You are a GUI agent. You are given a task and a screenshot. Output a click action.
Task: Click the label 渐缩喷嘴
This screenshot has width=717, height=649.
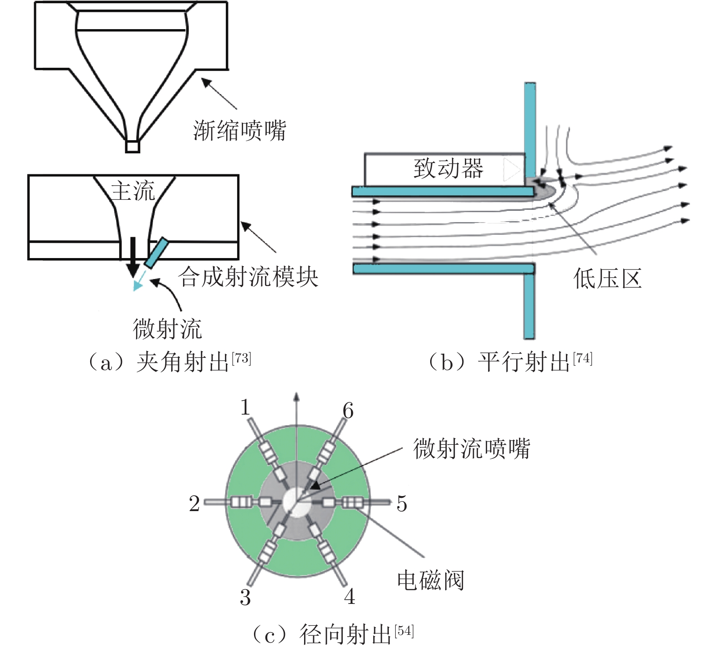click(240, 131)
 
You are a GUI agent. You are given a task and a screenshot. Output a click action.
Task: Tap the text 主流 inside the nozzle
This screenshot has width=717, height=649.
click(133, 190)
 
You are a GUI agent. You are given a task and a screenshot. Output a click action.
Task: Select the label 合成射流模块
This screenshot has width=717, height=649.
click(248, 277)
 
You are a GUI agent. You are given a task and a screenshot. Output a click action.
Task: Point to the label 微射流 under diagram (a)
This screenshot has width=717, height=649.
click(167, 329)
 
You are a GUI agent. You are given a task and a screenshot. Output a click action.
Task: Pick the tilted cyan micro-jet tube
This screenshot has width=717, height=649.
click(156, 253)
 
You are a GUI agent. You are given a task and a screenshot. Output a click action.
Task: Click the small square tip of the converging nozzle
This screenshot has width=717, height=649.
click(132, 147)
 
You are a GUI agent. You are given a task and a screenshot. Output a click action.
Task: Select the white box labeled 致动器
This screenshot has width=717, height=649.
click(445, 169)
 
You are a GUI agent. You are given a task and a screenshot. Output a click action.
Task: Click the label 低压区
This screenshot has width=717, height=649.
click(608, 279)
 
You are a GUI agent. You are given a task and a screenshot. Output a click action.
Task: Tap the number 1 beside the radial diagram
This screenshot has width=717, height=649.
click(245, 407)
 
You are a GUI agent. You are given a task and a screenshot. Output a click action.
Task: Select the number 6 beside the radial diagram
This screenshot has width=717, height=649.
click(348, 411)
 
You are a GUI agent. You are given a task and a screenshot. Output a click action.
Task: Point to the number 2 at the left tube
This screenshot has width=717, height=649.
click(194, 503)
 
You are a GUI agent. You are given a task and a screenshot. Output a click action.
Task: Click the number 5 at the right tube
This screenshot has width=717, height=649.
click(402, 503)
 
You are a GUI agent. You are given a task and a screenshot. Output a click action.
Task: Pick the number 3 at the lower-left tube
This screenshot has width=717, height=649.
click(245, 597)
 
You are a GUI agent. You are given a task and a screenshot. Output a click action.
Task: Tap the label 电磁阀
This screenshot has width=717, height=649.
click(431, 580)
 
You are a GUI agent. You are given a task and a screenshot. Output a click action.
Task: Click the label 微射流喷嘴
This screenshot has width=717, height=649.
click(472, 448)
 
